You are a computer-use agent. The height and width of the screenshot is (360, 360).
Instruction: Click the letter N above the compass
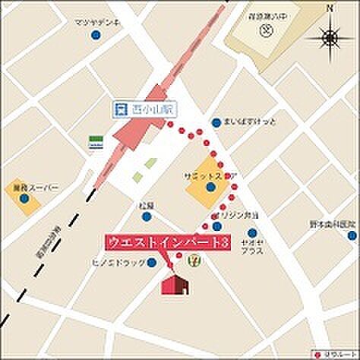(329, 8)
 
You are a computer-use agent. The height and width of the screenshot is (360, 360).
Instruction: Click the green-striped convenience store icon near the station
(95, 142)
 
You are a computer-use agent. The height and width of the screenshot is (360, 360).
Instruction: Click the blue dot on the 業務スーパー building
(24, 199)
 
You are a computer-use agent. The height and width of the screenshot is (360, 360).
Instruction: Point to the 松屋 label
(147, 205)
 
